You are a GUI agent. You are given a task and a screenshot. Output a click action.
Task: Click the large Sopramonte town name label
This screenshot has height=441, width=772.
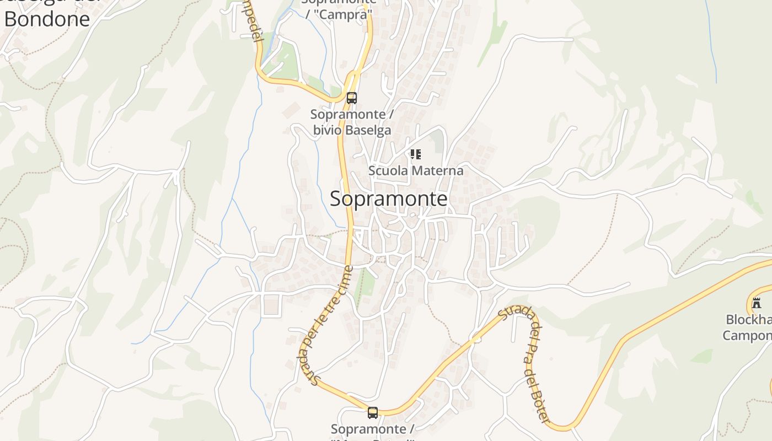point(388,199)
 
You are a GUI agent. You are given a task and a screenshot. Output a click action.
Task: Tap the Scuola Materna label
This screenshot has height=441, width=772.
point(416,171)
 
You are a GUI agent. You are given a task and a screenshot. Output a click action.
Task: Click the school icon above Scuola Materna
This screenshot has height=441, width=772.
point(416,154)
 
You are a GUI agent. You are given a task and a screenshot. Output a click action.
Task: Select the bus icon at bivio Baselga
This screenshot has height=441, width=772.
point(351,98)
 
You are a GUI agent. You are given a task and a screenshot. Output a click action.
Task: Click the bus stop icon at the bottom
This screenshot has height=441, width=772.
point(373,412)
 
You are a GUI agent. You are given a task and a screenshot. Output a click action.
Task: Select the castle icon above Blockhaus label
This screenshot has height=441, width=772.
point(757,303)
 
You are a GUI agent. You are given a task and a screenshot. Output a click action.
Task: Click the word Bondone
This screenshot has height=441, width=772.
point(47,19)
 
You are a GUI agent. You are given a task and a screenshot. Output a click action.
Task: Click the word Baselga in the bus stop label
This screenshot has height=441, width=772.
point(367,131)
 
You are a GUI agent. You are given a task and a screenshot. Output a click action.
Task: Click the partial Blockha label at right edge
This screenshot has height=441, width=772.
point(748,320)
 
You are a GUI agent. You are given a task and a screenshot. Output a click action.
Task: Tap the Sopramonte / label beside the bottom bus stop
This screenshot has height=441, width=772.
point(372,429)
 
